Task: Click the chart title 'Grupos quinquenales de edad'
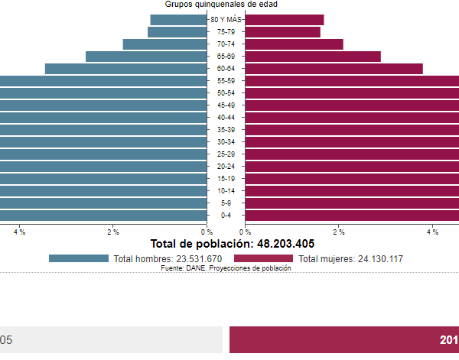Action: pyautogui.click(x=221, y=5)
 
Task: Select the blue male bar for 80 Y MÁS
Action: pyautogui.click(x=178, y=20)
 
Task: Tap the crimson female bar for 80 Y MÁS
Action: pyautogui.click(x=285, y=20)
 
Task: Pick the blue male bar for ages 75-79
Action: pyautogui.click(x=177, y=32)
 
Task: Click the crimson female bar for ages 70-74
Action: pyautogui.click(x=294, y=44)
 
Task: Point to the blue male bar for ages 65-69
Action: pyautogui.click(x=146, y=57)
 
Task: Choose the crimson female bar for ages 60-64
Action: pyautogui.click(x=334, y=69)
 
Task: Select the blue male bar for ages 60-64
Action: pyautogui.click(x=125, y=69)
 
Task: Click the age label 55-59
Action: pyautogui.click(x=226, y=81)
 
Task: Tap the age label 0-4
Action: pyautogui.click(x=226, y=216)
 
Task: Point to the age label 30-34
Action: pyautogui.click(x=226, y=142)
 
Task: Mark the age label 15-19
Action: pyautogui.click(x=226, y=179)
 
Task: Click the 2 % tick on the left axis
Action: pyautogui.click(x=113, y=232)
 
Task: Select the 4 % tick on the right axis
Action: pyautogui.click(x=432, y=232)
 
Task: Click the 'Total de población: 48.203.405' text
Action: pyautogui.click(x=232, y=245)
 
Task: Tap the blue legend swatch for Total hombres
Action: pyautogui.click(x=78, y=258)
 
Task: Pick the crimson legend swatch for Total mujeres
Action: pyautogui.click(x=263, y=258)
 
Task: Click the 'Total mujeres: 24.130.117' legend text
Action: pyautogui.click(x=350, y=259)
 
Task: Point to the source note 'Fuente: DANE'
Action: pyautogui.click(x=226, y=268)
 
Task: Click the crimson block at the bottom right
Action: pyautogui.click(x=343, y=339)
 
